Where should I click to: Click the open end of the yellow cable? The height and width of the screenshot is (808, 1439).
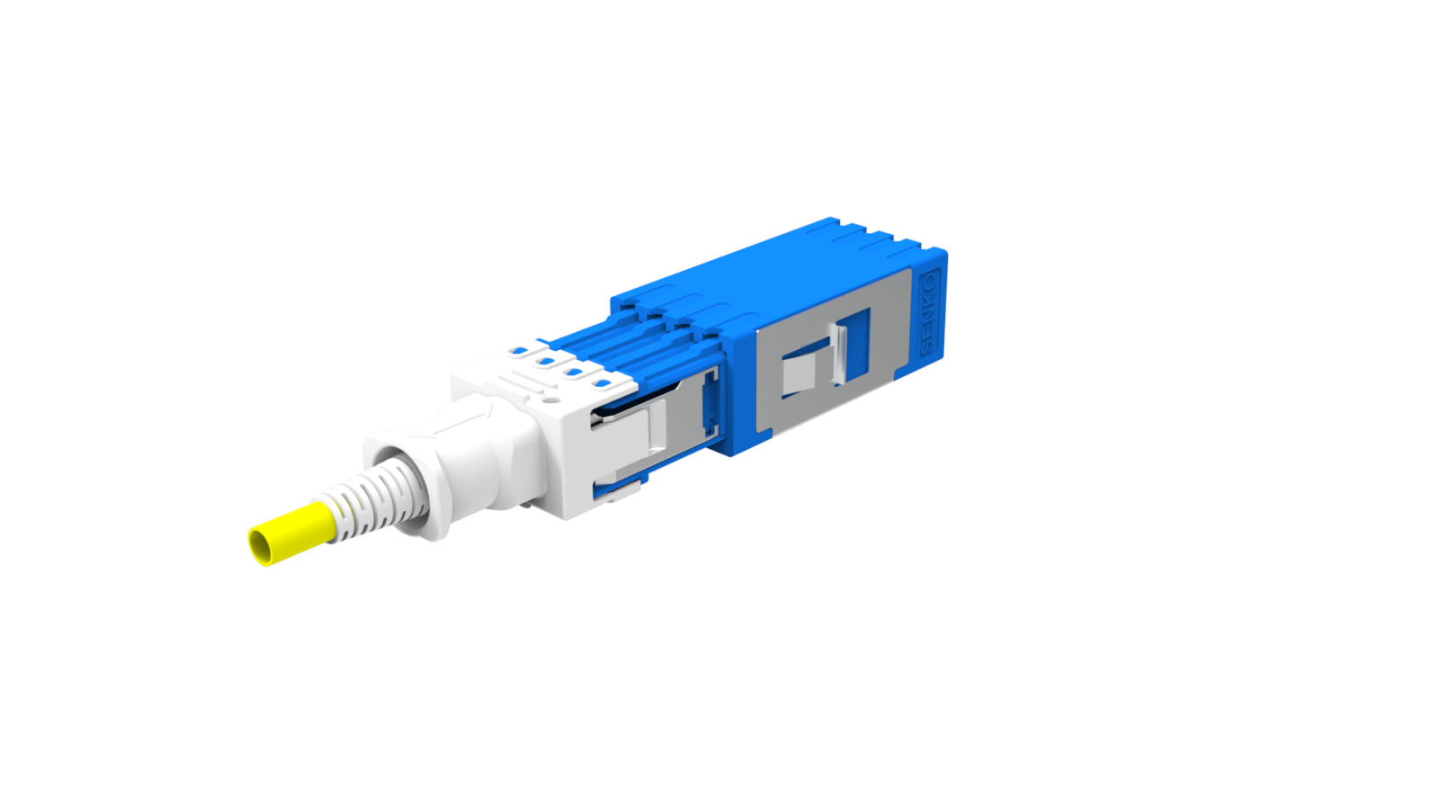coord(261,546)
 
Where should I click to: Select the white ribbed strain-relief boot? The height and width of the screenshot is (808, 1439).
coord(369,500)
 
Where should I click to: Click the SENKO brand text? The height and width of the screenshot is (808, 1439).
coord(929,304)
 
